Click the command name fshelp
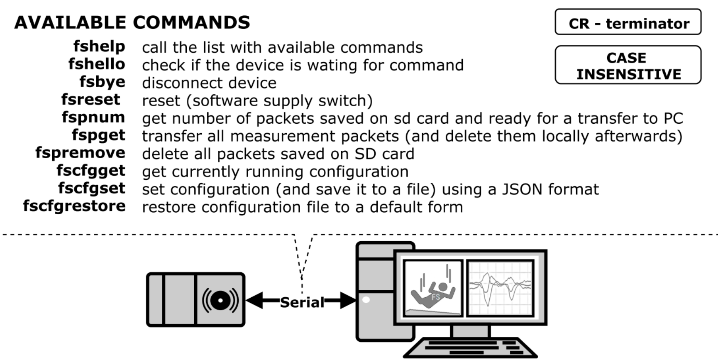(x=99, y=47)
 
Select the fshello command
(x=97, y=64)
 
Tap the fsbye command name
(x=102, y=82)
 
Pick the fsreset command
(x=90, y=100)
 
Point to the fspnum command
(x=93, y=118)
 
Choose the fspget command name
(x=98, y=135)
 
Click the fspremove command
(x=80, y=153)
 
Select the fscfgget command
(x=91, y=171)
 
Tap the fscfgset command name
(x=91, y=189)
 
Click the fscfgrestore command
(x=74, y=206)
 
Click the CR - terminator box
(x=628, y=22)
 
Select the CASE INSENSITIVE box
(x=628, y=65)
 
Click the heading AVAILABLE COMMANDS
(x=132, y=22)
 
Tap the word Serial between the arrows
(x=302, y=302)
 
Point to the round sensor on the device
(x=220, y=300)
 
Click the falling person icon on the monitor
(x=433, y=288)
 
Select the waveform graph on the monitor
(x=500, y=288)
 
